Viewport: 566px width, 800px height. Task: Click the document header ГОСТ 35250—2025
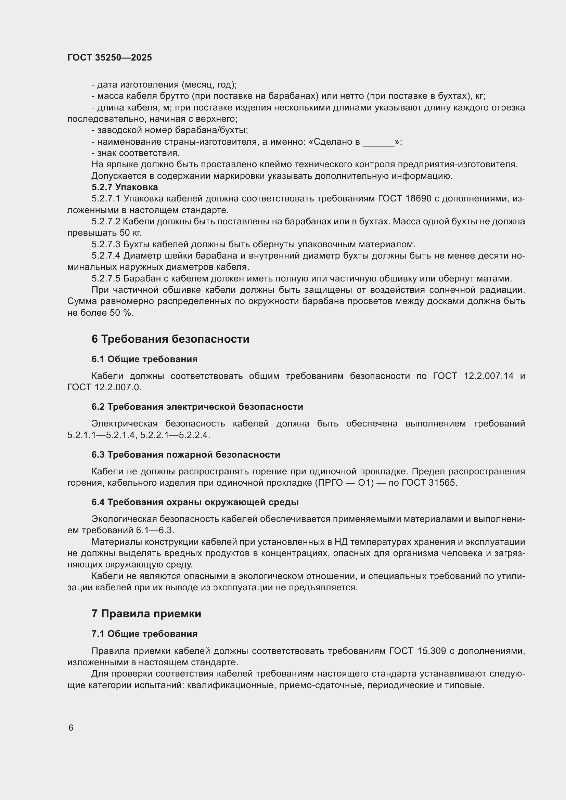coord(110,57)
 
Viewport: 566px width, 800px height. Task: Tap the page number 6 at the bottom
coord(71,728)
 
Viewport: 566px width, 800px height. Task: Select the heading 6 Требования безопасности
coord(170,339)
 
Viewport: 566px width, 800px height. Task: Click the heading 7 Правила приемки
coord(146,614)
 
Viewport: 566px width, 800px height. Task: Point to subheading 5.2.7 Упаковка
coord(125,187)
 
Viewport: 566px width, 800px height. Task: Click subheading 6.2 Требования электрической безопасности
coord(197,407)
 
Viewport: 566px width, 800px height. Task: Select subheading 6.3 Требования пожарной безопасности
coord(185,454)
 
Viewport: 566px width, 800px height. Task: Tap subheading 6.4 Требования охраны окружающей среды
coord(195,502)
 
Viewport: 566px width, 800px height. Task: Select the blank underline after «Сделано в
coord(378,142)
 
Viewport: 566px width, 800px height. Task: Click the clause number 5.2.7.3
coord(106,244)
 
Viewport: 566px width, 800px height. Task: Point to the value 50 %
coord(121,313)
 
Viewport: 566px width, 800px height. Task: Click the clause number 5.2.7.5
coord(106,279)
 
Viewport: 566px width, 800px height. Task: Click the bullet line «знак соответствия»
coord(136,153)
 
